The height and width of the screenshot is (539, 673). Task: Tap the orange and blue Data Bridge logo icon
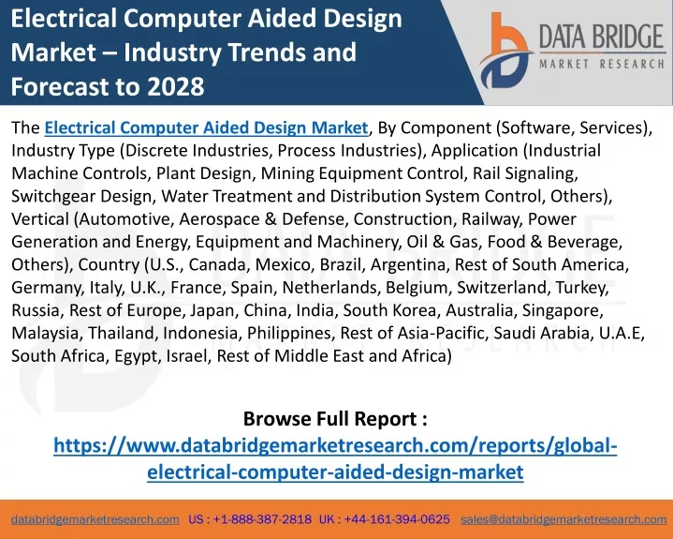pyautogui.click(x=506, y=51)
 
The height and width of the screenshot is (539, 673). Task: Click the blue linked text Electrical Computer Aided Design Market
pyautogui.click(x=206, y=127)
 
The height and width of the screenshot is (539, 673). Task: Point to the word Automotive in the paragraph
pyautogui.click(x=126, y=218)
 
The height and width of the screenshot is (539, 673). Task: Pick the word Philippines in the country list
pyautogui.click(x=290, y=333)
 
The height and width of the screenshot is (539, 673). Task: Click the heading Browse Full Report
pyautogui.click(x=335, y=418)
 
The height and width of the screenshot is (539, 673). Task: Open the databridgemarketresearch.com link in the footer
pyautogui.click(x=95, y=519)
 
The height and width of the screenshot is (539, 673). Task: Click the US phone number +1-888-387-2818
pyautogui.click(x=262, y=519)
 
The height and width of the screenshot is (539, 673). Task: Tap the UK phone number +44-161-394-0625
pyautogui.click(x=397, y=519)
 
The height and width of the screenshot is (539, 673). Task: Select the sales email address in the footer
pyautogui.click(x=563, y=519)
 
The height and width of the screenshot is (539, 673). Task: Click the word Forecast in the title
pyautogui.click(x=58, y=86)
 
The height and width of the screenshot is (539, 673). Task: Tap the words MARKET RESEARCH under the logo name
pyautogui.click(x=602, y=64)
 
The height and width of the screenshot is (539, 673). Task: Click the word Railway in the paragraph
pyautogui.click(x=491, y=219)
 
